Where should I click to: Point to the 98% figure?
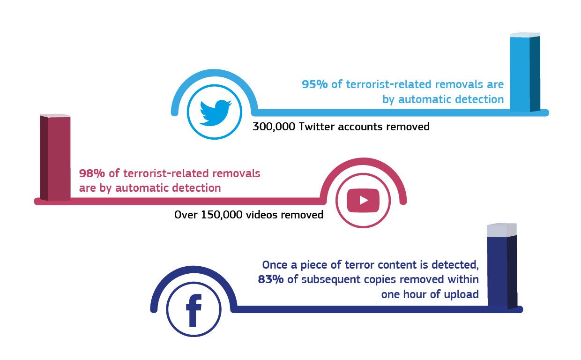92,173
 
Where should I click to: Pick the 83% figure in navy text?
270,280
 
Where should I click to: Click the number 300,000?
273,127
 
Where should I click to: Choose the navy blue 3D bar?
502,272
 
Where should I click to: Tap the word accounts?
360,127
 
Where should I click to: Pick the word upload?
462,295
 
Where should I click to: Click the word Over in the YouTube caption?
186,215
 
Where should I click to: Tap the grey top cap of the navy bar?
501,231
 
